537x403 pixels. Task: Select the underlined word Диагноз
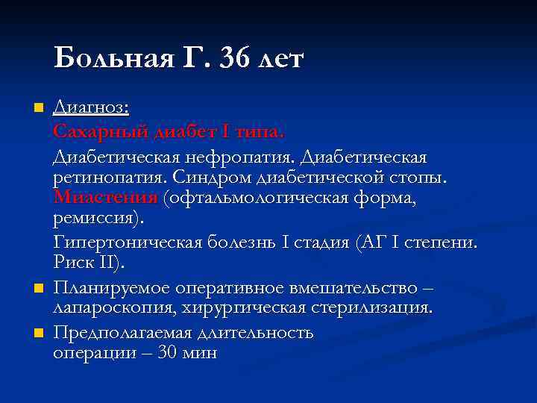[91, 110]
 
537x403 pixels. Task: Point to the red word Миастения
[105, 199]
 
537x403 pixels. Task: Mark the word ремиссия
[97, 219]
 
